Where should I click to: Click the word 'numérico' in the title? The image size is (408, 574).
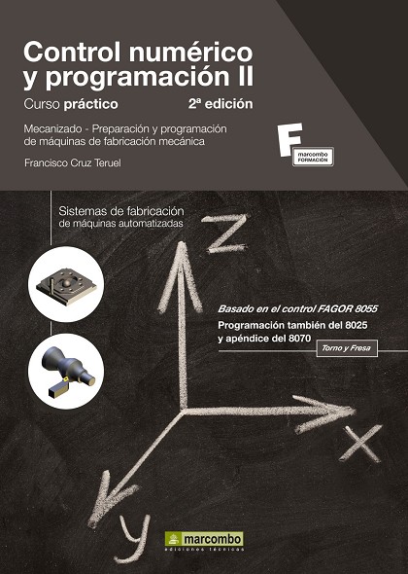pyautogui.click(x=190, y=52)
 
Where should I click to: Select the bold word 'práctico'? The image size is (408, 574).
pyautogui.click(x=91, y=104)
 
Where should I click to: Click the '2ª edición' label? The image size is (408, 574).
pyautogui.click(x=221, y=103)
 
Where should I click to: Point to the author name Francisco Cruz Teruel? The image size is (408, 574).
pyautogui.click(x=73, y=162)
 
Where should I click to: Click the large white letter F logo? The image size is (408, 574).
pyautogui.click(x=289, y=139)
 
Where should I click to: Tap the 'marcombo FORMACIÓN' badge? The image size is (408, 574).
pyautogui.click(x=313, y=157)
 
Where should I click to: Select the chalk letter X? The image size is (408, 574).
pyautogui.click(x=360, y=444)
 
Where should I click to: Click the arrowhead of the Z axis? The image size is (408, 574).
pyautogui.click(x=181, y=270)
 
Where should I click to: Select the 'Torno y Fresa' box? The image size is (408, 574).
pyautogui.click(x=346, y=348)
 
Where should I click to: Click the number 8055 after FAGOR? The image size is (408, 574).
pyautogui.click(x=365, y=309)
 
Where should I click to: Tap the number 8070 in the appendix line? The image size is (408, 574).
pyautogui.click(x=299, y=339)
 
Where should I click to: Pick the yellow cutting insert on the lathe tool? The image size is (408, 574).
pyautogui.click(x=66, y=379)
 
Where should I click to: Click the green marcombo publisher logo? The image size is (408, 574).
pyautogui.click(x=204, y=539)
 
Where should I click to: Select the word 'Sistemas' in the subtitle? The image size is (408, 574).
pyautogui.click(x=81, y=211)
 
